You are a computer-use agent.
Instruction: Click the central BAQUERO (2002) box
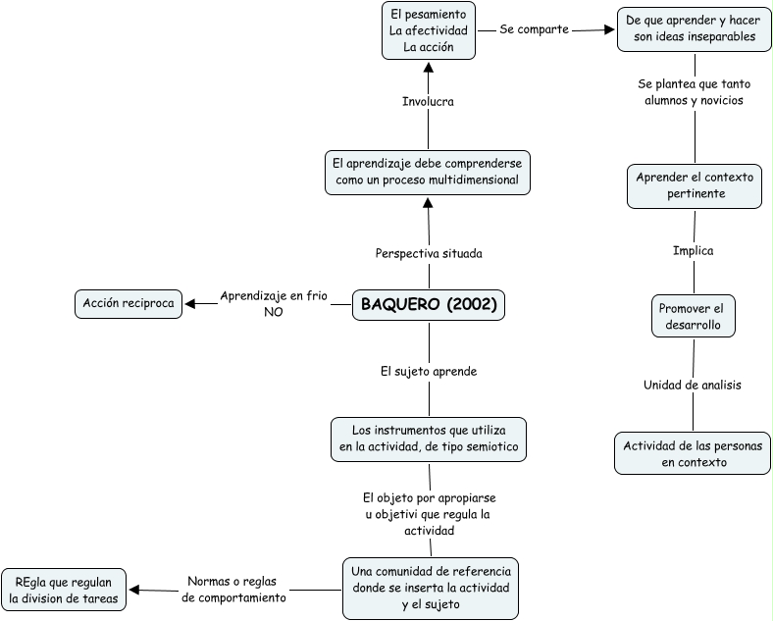(429, 305)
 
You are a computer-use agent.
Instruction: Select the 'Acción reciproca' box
(129, 304)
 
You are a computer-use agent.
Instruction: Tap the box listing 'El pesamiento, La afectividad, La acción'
(428, 30)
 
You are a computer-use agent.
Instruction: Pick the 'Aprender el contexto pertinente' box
(694, 185)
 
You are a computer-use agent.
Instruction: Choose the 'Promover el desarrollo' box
(694, 314)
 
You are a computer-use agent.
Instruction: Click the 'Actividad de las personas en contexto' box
(694, 453)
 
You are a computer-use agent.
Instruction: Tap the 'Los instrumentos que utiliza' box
(428, 438)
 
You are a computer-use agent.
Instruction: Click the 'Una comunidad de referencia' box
(431, 589)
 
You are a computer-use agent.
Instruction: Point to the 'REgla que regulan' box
(64, 589)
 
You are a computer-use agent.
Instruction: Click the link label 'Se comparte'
(535, 29)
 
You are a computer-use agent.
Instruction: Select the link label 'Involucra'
(428, 101)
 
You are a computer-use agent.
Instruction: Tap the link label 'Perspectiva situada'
(429, 253)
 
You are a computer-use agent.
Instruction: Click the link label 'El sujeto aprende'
(429, 372)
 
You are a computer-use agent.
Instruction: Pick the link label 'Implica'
(693, 250)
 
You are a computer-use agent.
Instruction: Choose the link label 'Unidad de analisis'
(692, 385)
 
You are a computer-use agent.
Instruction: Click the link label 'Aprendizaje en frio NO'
(273, 303)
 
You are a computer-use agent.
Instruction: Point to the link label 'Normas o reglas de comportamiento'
(234, 589)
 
